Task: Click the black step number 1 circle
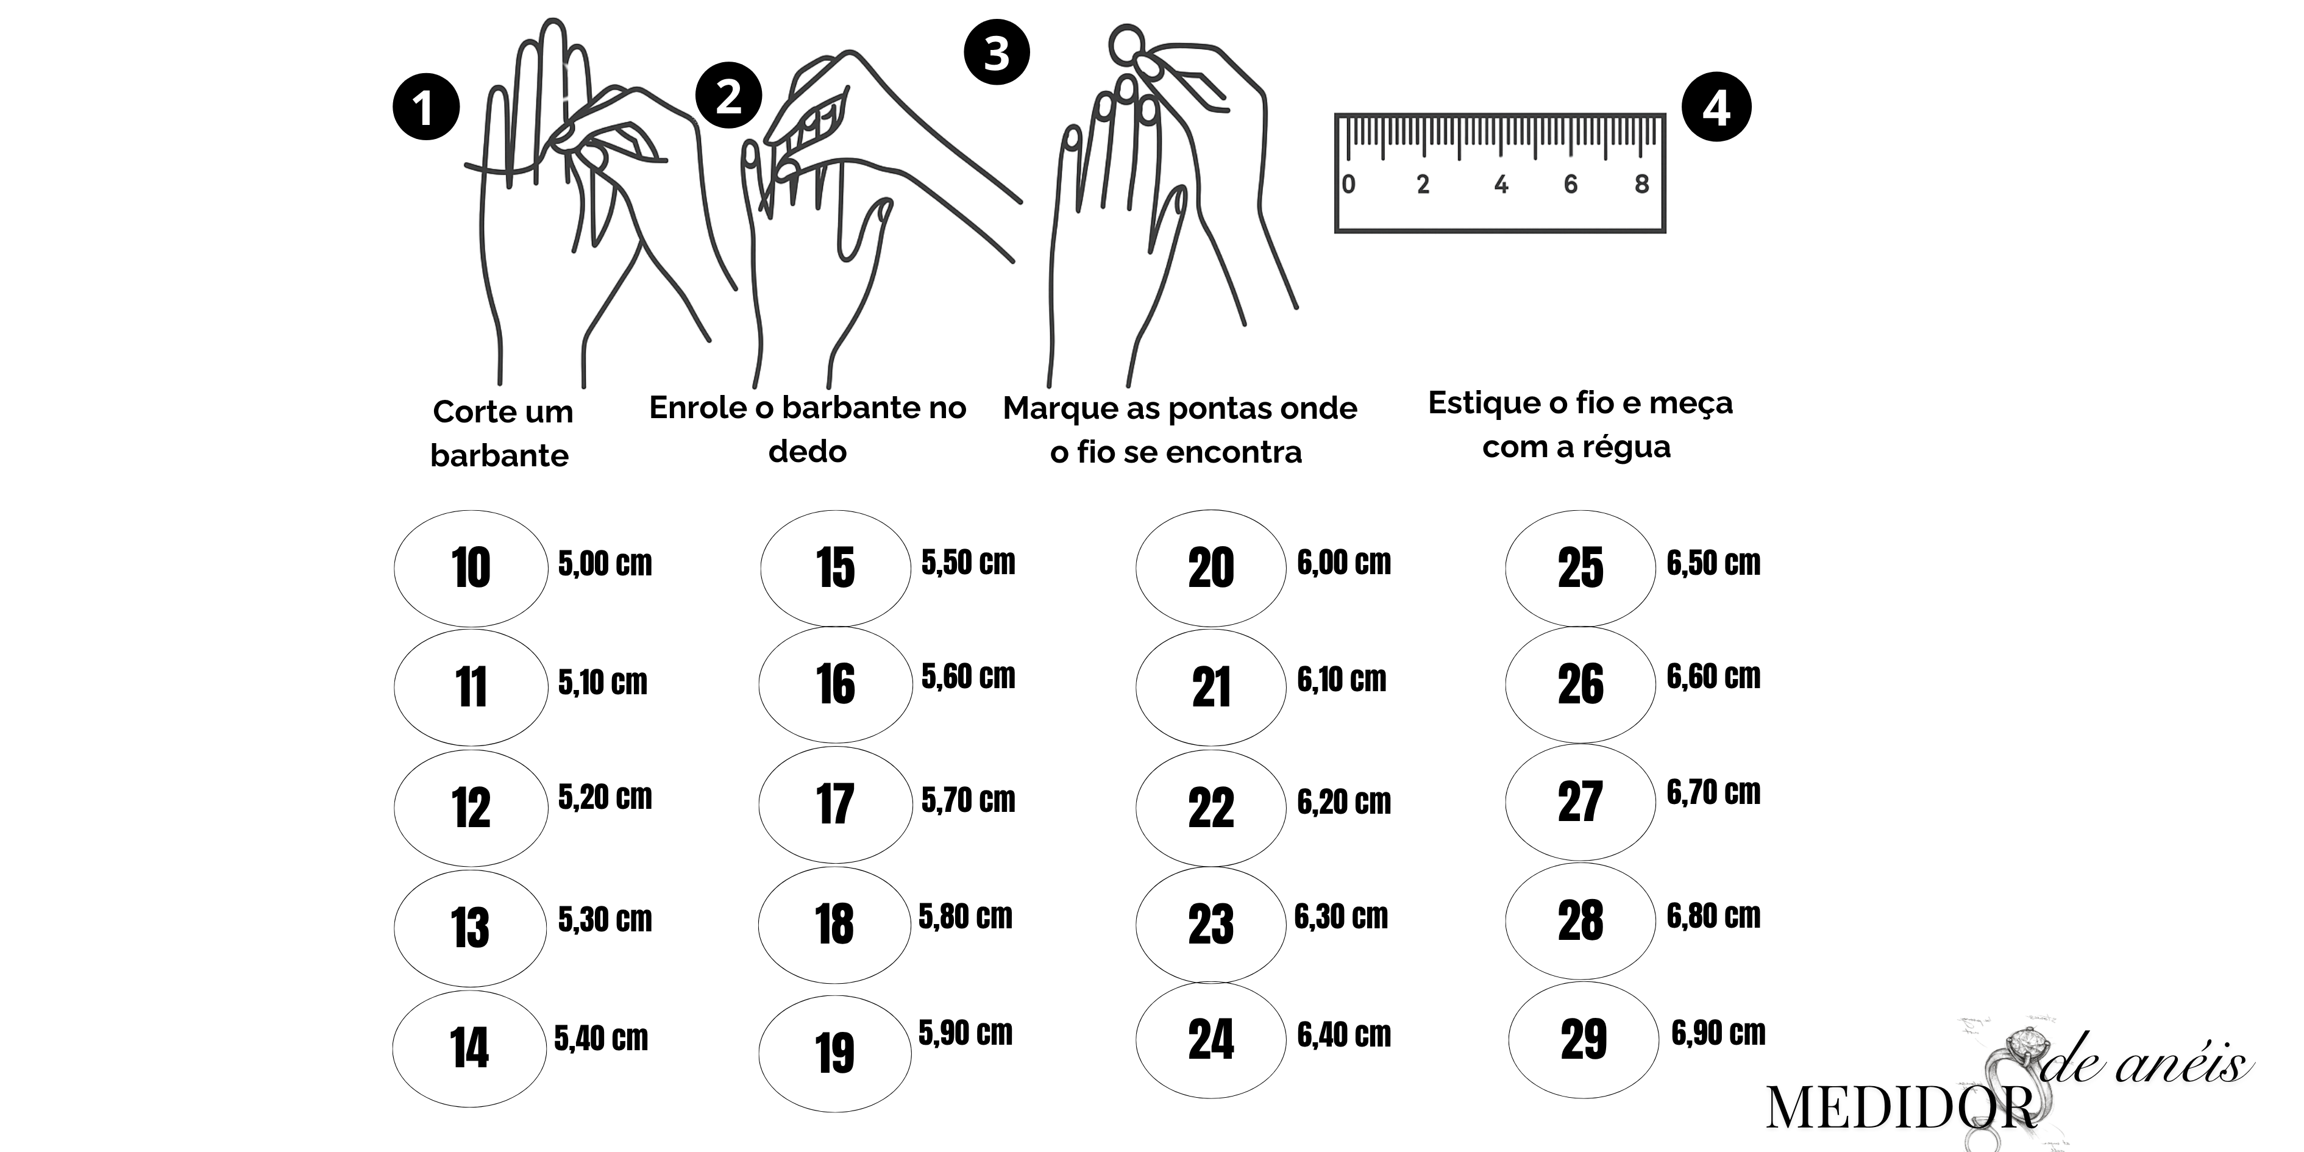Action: pos(425,107)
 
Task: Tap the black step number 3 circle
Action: pos(997,52)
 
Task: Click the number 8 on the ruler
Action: pos(1641,183)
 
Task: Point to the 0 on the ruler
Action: pos(1349,183)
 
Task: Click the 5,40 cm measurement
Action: pos(601,1039)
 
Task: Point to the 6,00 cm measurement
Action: pos(1344,563)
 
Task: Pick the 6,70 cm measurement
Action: pos(1714,792)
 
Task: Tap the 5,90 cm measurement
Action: pos(966,1033)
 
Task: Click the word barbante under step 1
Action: pos(499,456)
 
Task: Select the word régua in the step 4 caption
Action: pos(1626,446)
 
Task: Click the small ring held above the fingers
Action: pos(1127,44)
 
